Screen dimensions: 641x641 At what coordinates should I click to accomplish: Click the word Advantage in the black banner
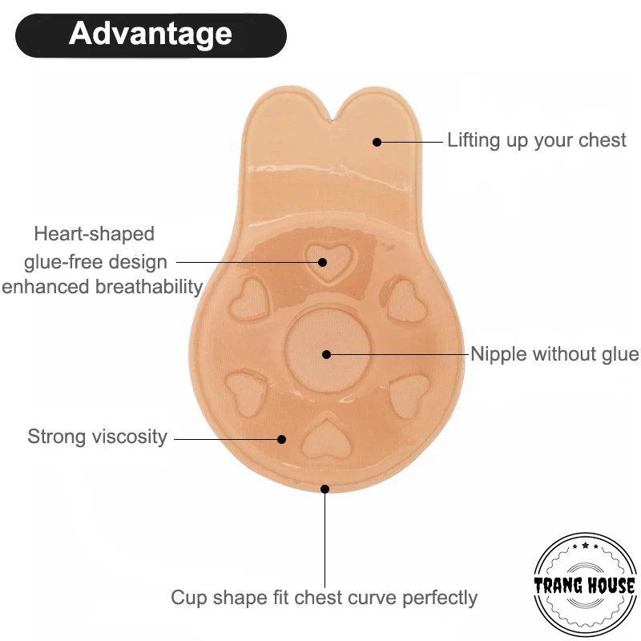coord(151,34)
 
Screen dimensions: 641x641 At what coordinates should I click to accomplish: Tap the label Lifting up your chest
coord(536,140)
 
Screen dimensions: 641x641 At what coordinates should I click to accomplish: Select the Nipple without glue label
coord(554,354)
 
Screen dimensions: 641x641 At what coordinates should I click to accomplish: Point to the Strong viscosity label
coord(97,437)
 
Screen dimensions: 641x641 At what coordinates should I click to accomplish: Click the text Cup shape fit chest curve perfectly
coord(324,598)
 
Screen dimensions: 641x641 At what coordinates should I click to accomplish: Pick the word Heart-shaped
coord(94,234)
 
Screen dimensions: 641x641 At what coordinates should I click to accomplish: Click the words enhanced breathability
coord(102,287)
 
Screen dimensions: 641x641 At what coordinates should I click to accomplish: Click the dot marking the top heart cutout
coord(322,261)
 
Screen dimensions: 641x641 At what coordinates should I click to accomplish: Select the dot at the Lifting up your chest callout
coord(377,142)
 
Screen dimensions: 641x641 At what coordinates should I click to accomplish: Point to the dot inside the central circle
coord(326,354)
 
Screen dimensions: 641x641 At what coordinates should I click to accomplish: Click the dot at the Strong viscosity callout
coord(282,438)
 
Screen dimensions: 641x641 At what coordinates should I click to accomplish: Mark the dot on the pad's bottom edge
coord(325,488)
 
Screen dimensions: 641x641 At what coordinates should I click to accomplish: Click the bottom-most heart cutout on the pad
coord(324,437)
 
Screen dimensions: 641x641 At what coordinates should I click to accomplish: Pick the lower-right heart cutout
coord(409,393)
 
